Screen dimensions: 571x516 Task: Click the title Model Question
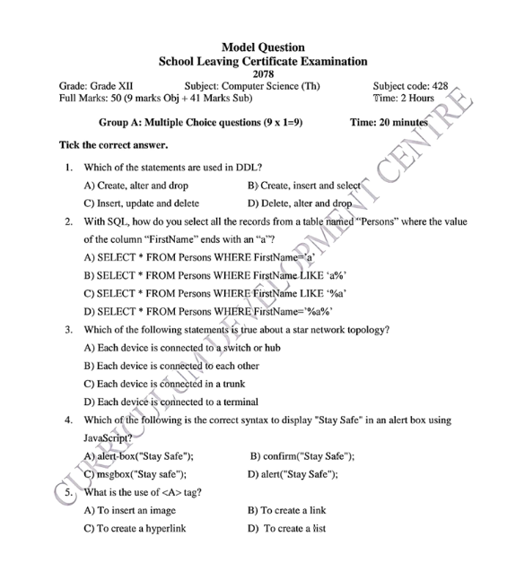262,47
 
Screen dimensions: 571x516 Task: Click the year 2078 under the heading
262,74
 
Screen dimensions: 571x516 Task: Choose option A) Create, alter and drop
136,186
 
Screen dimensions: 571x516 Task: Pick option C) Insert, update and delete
142,203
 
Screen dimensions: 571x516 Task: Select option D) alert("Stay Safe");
293,474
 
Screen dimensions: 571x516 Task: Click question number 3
68,329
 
